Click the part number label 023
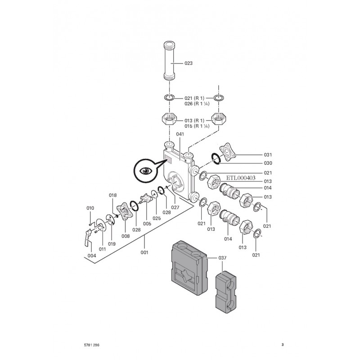pyautogui.click(x=188, y=63)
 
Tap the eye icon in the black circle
pyautogui.click(x=145, y=171)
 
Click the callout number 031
pyautogui.click(x=268, y=155)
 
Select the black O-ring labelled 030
pyautogui.click(x=216, y=157)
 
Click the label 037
pyautogui.click(x=222, y=258)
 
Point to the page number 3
pyautogui.click(x=282, y=345)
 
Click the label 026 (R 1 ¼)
pyautogui.click(x=195, y=104)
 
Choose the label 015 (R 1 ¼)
pyautogui.click(x=195, y=126)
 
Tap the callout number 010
pyautogui.click(x=90, y=208)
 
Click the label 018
pyautogui.click(x=113, y=195)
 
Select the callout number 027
pyautogui.click(x=175, y=207)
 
